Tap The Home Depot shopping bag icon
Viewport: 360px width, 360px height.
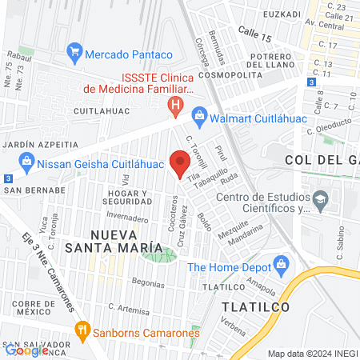281,263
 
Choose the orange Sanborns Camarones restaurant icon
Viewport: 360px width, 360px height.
82,330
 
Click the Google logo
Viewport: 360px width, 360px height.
27,350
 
